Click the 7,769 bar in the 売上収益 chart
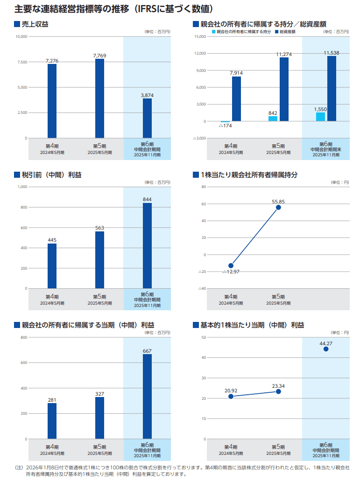tap(99, 98)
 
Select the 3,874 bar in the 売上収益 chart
tap(147, 119)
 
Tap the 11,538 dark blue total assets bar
tap(332, 89)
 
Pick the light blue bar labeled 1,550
tap(320, 117)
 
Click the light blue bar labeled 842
tap(273, 119)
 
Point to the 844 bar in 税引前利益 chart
tap(147, 246)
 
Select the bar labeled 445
tap(52, 266)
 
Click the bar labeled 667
tap(147, 397)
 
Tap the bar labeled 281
tap(52, 421)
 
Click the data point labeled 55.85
tap(278, 207)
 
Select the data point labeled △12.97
tap(231, 265)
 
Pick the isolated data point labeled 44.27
tap(326, 349)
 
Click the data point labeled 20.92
tap(231, 396)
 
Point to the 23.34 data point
tap(278, 391)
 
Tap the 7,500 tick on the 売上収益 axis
tap(21, 62)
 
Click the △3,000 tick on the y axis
tap(200, 139)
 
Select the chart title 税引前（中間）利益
tap(51, 175)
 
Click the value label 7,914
tap(236, 73)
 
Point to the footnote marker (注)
tap(19, 467)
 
